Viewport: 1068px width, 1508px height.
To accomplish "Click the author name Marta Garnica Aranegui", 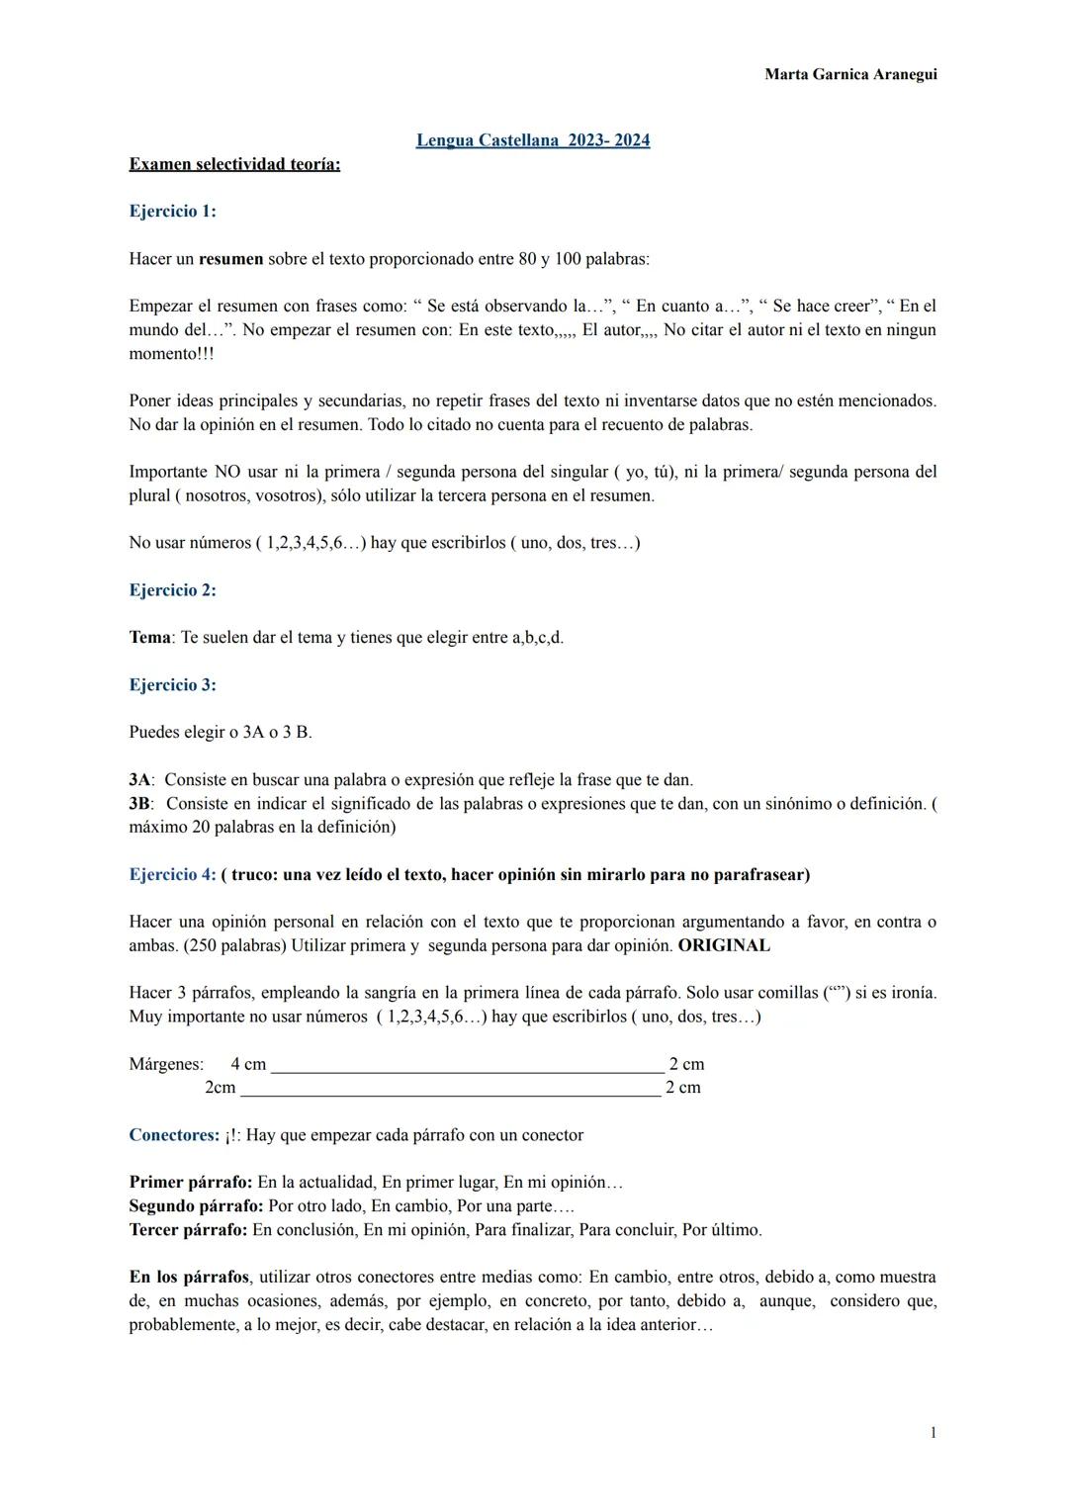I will (x=850, y=74).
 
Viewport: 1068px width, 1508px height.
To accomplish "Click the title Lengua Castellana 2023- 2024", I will (x=533, y=140).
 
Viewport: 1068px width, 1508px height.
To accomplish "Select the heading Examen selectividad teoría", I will (x=234, y=164).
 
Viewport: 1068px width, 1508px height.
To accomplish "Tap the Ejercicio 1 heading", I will (x=172, y=212).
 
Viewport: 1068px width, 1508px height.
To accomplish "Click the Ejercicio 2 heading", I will (x=172, y=590).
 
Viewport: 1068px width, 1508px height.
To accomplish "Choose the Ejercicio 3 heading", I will (x=172, y=685).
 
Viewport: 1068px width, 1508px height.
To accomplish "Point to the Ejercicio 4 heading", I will (x=172, y=875).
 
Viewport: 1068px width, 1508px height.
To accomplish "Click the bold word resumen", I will (x=230, y=259).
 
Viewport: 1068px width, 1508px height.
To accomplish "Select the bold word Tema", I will (x=149, y=638).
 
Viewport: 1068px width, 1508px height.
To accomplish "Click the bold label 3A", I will (x=140, y=780).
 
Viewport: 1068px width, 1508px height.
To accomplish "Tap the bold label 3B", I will (x=140, y=804).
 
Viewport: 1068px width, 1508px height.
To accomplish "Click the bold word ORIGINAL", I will (x=724, y=945).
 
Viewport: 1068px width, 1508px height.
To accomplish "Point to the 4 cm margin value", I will (x=248, y=1064).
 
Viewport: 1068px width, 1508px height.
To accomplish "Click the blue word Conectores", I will (x=174, y=1135).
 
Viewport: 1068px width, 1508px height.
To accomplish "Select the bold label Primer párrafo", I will (x=191, y=1183).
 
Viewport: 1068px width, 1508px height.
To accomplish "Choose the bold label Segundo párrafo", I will (x=196, y=1206).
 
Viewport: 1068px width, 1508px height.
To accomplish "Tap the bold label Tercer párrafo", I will (x=188, y=1230).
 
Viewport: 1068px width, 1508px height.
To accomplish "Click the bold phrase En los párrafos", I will (x=189, y=1278).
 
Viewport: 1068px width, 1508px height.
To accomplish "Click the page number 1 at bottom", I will (x=933, y=1433).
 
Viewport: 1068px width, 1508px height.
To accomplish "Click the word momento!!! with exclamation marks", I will (x=171, y=354).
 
